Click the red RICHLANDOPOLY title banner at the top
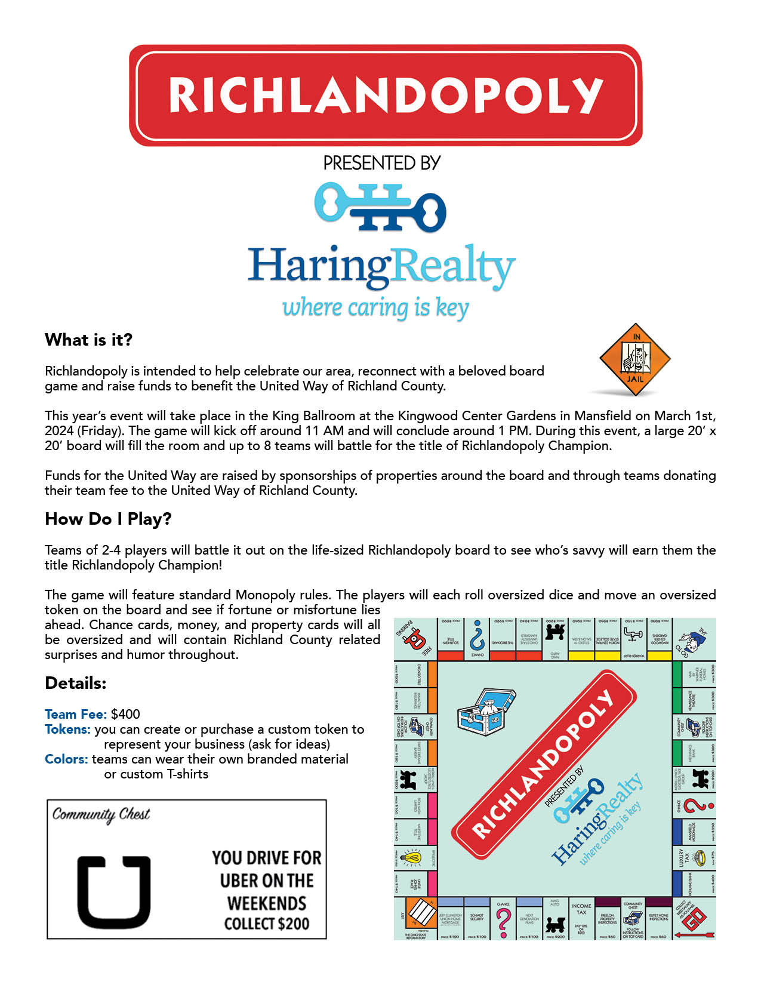[386, 95]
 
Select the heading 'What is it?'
[88, 340]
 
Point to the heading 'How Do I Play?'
[108, 519]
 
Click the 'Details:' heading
[75, 683]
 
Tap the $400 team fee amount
[125, 714]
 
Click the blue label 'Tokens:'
[67, 729]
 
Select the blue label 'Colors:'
[66, 759]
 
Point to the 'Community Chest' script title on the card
[101, 815]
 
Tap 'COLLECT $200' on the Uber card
[266, 924]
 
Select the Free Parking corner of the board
[415, 639]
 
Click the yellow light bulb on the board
[411, 858]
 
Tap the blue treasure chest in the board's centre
[486, 711]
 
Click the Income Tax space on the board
[581, 919]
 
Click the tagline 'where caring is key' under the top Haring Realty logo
[375, 308]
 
